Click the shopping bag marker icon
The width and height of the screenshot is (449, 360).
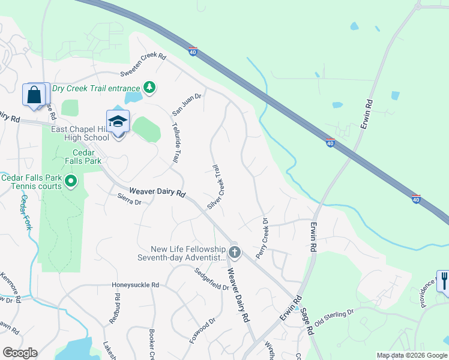[34, 95]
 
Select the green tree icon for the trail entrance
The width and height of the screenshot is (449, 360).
[149, 88]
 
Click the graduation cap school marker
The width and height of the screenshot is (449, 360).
[118, 122]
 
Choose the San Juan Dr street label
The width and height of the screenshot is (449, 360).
[187, 104]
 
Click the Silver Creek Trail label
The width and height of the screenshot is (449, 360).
[215, 187]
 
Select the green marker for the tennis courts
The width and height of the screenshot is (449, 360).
[71, 181]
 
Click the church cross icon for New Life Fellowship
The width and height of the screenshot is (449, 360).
[234, 252]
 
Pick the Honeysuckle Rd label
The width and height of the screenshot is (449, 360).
[135, 285]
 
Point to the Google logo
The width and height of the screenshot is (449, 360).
[20, 353]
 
